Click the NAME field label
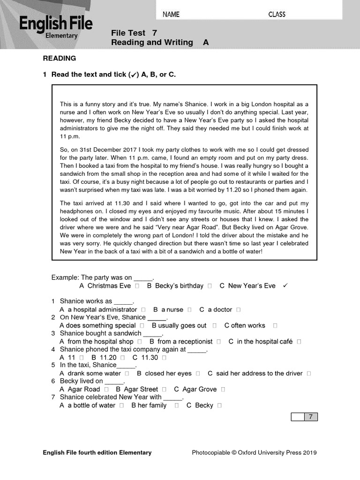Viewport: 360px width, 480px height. pyautogui.click(x=171, y=15)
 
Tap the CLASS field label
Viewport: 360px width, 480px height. pyautogui.click(x=277, y=15)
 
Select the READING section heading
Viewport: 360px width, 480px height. pyautogui.click(x=60, y=59)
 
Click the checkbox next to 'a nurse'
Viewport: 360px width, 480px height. pyautogui.click(x=189, y=310)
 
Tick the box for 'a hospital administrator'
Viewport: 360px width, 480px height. pyautogui.click(x=143, y=310)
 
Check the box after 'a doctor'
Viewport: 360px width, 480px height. pyautogui.click(x=239, y=310)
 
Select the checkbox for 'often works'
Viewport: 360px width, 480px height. pyautogui.click(x=275, y=326)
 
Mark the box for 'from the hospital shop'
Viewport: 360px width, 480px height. pyautogui.click(x=140, y=342)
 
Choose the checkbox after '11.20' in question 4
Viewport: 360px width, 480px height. pyautogui.click(x=123, y=358)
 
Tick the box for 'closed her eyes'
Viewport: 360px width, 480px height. pyautogui.click(x=198, y=374)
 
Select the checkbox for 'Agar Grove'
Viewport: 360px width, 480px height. pyautogui.click(x=223, y=390)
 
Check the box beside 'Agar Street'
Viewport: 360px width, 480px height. pyautogui.click(x=164, y=390)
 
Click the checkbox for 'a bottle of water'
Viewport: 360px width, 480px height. pyautogui.click(x=121, y=405)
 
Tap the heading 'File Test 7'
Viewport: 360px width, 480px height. pyautogui.click(x=134, y=33)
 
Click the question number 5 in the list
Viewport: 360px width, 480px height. pyautogui.click(x=53, y=365)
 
